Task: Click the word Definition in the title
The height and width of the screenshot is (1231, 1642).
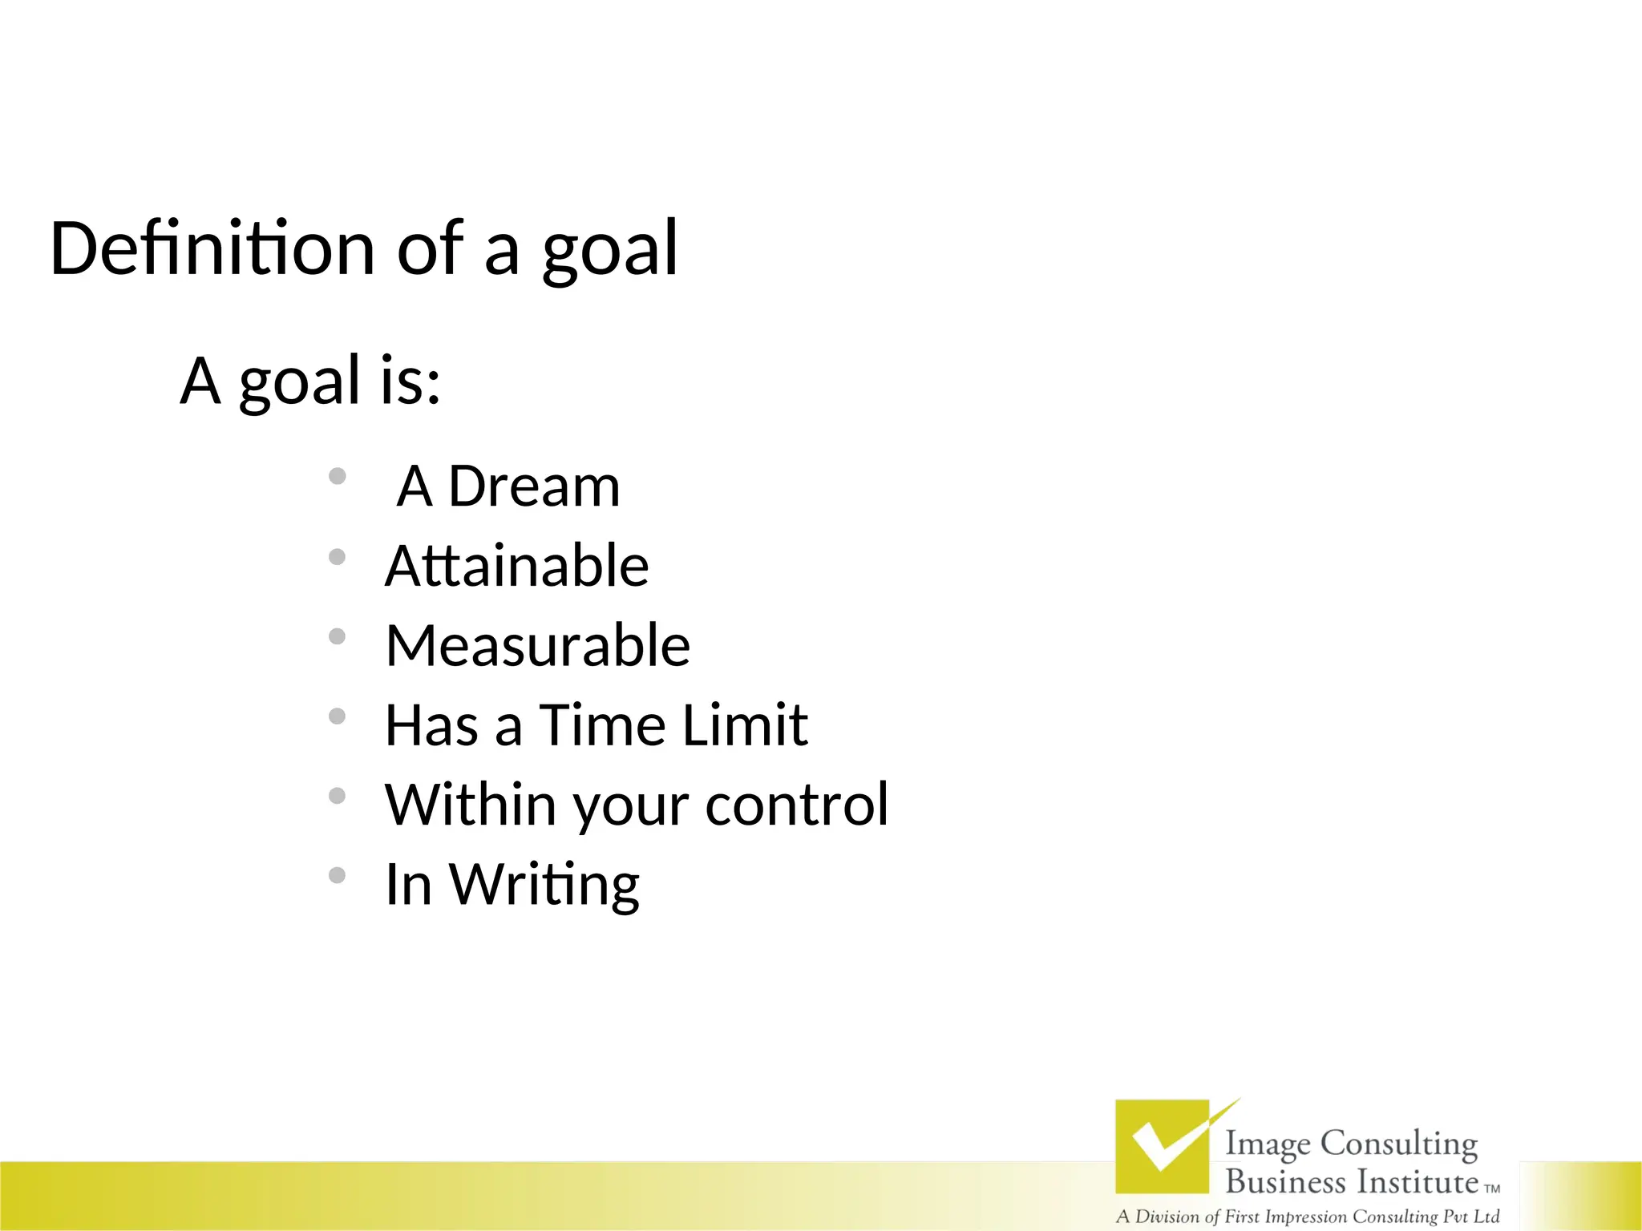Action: coord(212,248)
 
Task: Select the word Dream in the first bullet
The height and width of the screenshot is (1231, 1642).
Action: coord(533,486)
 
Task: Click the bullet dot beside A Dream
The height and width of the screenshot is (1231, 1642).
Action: coord(338,477)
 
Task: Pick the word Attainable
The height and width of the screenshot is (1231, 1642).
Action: coord(516,566)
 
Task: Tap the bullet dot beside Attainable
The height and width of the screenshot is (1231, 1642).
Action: coord(338,557)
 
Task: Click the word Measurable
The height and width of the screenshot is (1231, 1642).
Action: coord(537,645)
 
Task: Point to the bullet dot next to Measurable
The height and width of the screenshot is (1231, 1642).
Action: coord(338,636)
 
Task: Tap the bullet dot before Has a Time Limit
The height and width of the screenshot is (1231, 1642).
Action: coord(338,716)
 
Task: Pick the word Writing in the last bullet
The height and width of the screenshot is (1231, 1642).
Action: coord(544,886)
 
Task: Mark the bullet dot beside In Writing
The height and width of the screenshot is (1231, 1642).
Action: coord(338,875)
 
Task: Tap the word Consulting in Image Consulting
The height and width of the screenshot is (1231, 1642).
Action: coord(1398,1144)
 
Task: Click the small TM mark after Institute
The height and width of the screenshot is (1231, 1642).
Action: coord(1492,1189)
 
